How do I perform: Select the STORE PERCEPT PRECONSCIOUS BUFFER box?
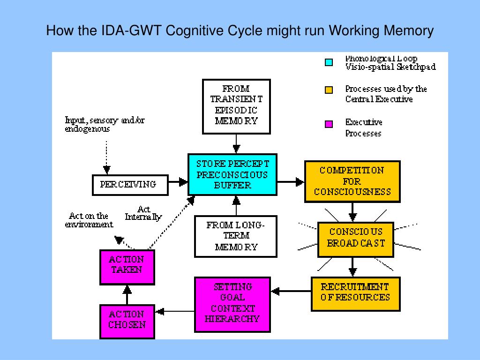click(232, 174)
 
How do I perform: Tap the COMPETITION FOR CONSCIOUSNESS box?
click(352, 181)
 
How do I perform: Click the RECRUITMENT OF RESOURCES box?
click(355, 292)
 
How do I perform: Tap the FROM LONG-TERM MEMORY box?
click(236, 236)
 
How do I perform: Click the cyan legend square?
click(329, 62)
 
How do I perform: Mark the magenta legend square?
click(329, 124)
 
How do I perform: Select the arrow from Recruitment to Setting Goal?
click(291, 292)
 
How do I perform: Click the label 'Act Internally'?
click(143, 213)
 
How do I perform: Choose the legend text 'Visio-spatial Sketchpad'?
click(390, 67)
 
